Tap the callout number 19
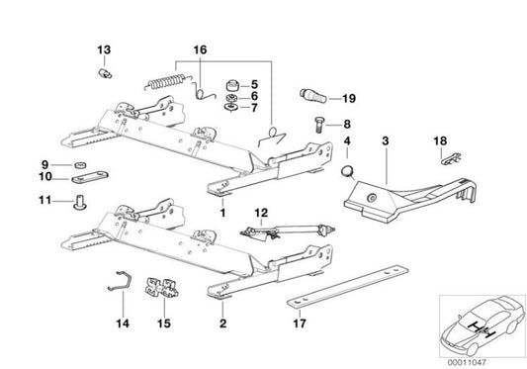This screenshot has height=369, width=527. coord(347,98)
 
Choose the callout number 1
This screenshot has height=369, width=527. coord(223,213)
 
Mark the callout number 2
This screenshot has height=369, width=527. coord(223,323)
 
